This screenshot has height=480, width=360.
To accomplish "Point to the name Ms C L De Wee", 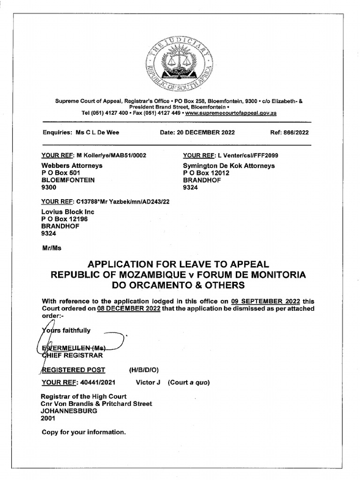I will click(x=97, y=133).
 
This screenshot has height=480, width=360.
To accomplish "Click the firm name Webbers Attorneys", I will click(x=72, y=165).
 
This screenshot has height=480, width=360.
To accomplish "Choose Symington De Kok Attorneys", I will click(x=229, y=165).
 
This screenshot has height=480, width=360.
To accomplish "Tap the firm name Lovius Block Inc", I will click(x=68, y=211).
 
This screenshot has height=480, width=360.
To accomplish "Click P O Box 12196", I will click(x=65, y=218).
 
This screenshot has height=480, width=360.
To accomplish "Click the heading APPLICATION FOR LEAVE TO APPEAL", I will click(x=179, y=264).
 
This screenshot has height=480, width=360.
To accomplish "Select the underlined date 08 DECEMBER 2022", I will click(x=129, y=308).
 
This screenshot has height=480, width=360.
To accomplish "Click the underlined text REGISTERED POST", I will click(x=74, y=369).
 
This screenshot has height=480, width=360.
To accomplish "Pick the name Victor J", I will click(x=148, y=382).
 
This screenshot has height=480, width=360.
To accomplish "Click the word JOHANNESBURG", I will click(x=69, y=411).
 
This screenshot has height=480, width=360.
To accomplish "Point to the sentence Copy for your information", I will click(x=84, y=432).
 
